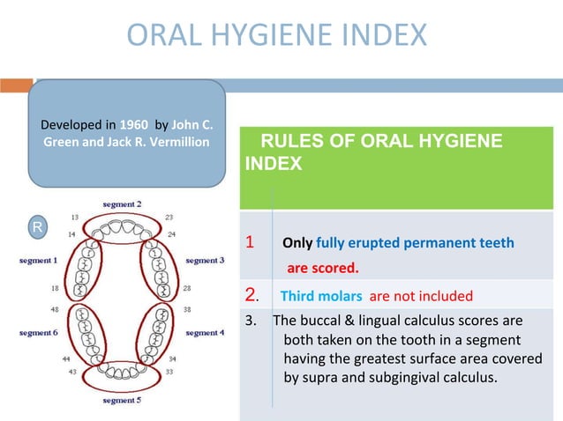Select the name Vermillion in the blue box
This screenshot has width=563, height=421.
pos(178,142)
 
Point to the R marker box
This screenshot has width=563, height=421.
pos(37,227)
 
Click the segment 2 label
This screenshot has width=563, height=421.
pos(122,203)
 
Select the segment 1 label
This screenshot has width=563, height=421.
pos(38,260)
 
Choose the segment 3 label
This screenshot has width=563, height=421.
pos(205,260)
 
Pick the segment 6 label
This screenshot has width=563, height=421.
pos(38,333)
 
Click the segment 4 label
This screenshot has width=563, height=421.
pos(205,333)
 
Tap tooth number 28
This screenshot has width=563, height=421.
pos(187,288)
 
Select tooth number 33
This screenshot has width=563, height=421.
pos(170,372)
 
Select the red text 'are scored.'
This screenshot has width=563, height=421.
pos(321,267)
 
